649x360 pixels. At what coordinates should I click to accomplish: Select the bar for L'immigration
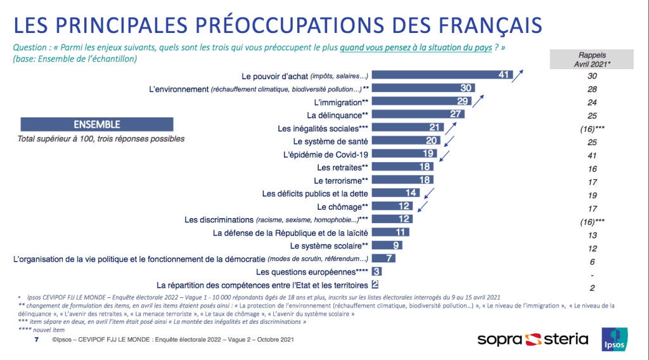(425, 101)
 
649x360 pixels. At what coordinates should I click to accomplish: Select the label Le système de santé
(331, 141)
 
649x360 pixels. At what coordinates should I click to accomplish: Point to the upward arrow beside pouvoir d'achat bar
(518, 75)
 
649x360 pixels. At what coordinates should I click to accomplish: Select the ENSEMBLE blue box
(97, 125)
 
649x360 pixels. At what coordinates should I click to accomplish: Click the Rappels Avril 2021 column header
(592, 59)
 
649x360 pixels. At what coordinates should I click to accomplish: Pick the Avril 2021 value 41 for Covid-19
(592, 154)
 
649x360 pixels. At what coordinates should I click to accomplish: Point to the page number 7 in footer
(35, 340)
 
